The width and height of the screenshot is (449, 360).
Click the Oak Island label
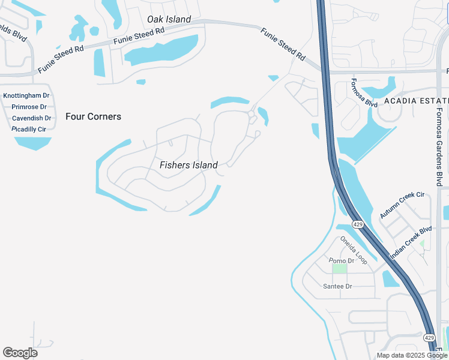(x=169, y=19)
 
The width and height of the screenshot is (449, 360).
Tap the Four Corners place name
(x=93, y=116)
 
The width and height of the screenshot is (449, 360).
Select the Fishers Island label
(x=188, y=165)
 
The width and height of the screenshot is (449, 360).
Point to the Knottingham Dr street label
(x=26, y=96)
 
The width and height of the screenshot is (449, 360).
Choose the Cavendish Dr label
(x=31, y=118)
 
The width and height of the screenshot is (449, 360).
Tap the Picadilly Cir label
(x=29, y=129)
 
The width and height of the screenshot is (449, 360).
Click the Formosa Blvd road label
(x=364, y=92)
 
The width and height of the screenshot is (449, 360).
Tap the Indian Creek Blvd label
(x=411, y=242)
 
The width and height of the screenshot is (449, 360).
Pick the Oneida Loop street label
(x=353, y=250)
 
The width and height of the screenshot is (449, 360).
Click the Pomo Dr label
(x=342, y=260)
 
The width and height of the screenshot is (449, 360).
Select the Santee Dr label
(x=337, y=286)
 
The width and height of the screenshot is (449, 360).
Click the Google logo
(x=20, y=353)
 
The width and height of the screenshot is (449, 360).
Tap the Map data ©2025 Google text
(x=411, y=355)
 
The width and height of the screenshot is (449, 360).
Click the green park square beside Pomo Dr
(x=340, y=268)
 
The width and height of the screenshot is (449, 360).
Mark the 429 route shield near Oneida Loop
(x=358, y=224)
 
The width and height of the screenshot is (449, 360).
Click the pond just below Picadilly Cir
(x=33, y=143)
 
